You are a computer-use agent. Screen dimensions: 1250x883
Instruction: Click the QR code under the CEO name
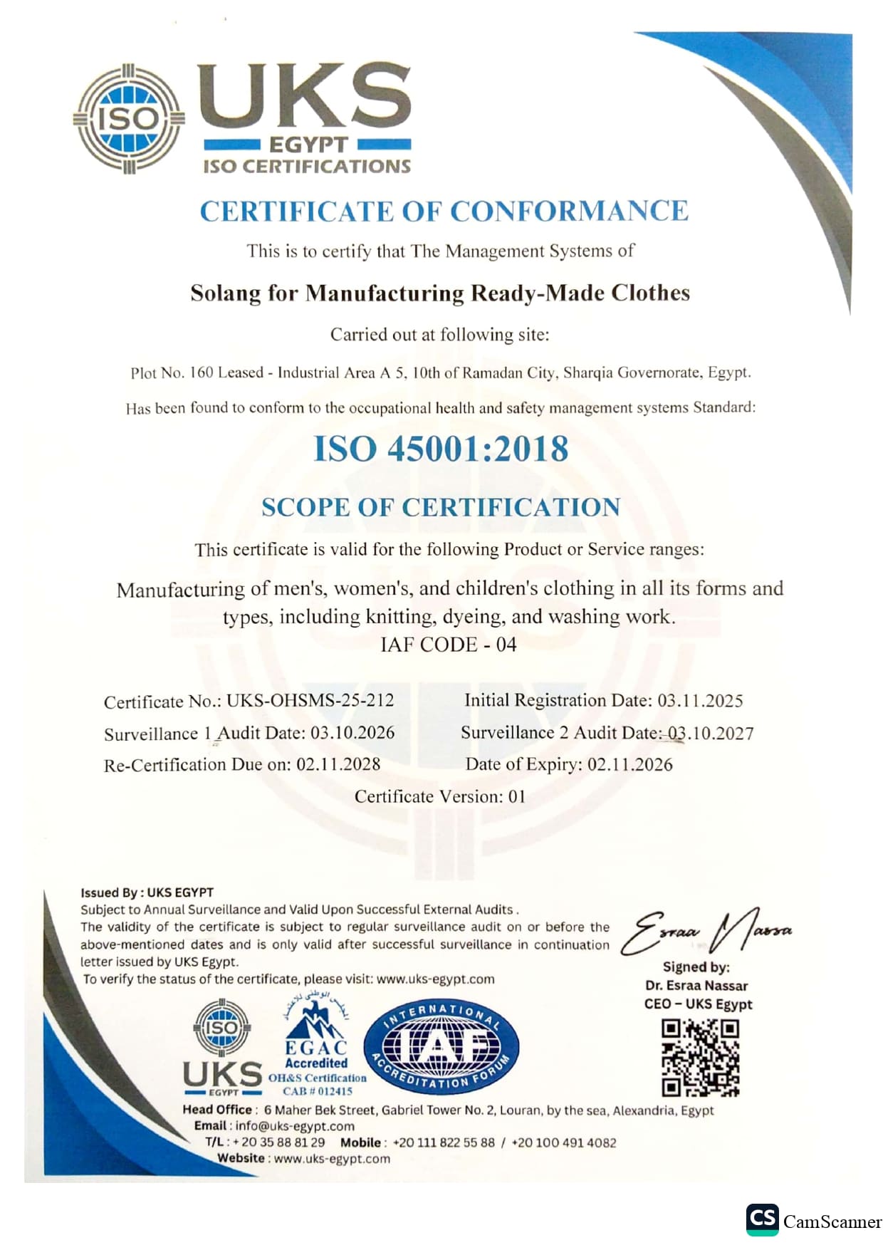[700, 1058]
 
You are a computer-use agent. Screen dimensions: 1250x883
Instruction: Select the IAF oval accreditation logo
[441, 1046]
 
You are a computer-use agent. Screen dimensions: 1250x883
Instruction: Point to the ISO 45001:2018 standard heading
[441, 449]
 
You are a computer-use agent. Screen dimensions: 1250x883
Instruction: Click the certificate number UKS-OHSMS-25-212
[310, 701]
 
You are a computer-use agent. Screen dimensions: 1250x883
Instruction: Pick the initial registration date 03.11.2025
[699, 701]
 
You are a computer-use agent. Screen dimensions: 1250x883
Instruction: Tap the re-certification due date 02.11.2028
[338, 765]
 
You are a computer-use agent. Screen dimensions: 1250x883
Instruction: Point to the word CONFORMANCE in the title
[569, 212]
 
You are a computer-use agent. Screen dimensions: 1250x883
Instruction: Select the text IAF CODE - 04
[448, 645]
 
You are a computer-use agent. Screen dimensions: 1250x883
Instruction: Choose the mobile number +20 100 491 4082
[564, 1142]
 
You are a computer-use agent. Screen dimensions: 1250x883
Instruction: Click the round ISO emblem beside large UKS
[129, 119]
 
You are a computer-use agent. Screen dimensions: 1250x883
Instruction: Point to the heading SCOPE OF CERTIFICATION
[441, 507]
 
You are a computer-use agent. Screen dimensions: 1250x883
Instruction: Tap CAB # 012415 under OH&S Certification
[318, 1090]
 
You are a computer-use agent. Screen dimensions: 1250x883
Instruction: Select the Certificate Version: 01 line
[440, 796]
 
